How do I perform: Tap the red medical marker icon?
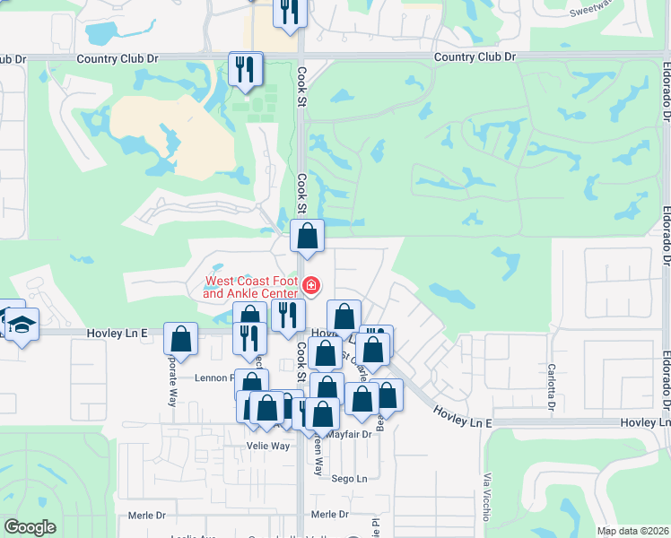point(311,286)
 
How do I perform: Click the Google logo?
point(30,527)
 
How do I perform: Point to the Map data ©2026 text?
point(632,531)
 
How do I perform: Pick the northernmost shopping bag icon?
point(307,237)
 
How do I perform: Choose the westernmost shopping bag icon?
point(181,340)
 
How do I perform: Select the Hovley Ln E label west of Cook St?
point(116,333)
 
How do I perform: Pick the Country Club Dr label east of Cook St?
point(475,56)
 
